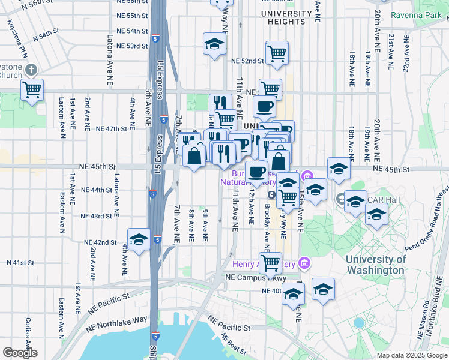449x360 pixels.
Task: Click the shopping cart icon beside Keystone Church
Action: (32, 90)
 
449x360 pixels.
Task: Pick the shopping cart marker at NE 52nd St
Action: (277, 53)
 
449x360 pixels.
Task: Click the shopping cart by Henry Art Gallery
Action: (271, 262)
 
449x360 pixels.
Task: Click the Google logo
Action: (20, 353)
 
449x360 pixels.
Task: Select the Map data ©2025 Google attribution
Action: (412, 355)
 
